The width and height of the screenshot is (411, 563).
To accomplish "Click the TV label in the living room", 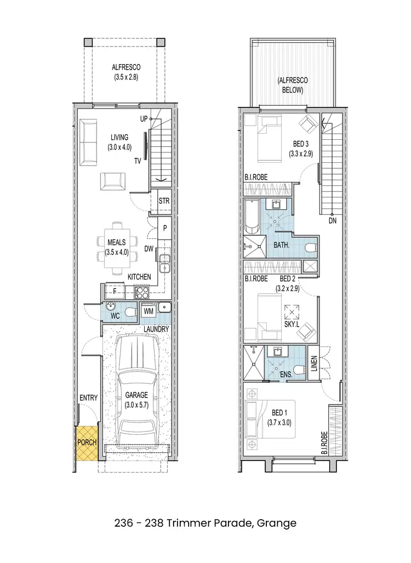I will point(139,161).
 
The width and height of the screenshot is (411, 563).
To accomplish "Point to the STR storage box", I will point(164,201).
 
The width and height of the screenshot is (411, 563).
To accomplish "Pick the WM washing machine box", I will point(148,311).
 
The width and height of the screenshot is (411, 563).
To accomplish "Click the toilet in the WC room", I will point(129,312).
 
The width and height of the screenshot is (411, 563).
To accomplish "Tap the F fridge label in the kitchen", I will point(114,290).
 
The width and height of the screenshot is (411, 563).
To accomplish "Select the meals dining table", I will point(116,248).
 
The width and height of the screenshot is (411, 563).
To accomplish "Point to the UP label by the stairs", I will point(144,118).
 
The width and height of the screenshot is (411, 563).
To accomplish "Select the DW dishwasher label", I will point(149,248).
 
